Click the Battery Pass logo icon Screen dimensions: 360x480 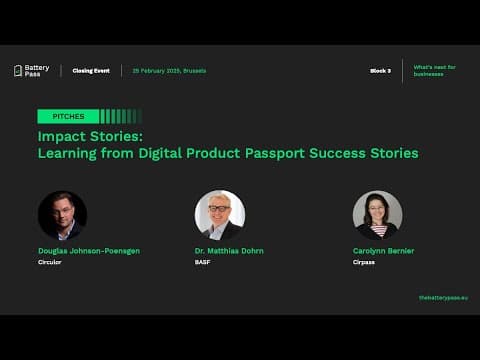pyautogui.click(x=18, y=71)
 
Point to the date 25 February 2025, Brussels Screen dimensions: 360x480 pyautogui.click(x=169, y=71)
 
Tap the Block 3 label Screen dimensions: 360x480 pyautogui.click(x=380, y=71)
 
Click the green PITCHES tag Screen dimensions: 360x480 pyautogui.click(x=68, y=116)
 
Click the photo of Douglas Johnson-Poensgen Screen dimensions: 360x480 pyautogui.click(x=62, y=214)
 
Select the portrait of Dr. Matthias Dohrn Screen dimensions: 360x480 pyautogui.click(x=219, y=214)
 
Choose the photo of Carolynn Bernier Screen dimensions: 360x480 pyautogui.click(x=377, y=214)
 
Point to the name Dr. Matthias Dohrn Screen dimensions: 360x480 pyautogui.click(x=229, y=251)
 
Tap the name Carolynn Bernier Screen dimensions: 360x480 pyautogui.click(x=384, y=251)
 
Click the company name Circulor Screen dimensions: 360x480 pyautogui.click(x=50, y=262)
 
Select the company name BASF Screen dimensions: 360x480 pyautogui.click(x=202, y=262)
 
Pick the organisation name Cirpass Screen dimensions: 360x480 pyautogui.click(x=364, y=262)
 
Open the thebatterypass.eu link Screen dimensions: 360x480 pyautogui.click(x=443, y=298)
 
